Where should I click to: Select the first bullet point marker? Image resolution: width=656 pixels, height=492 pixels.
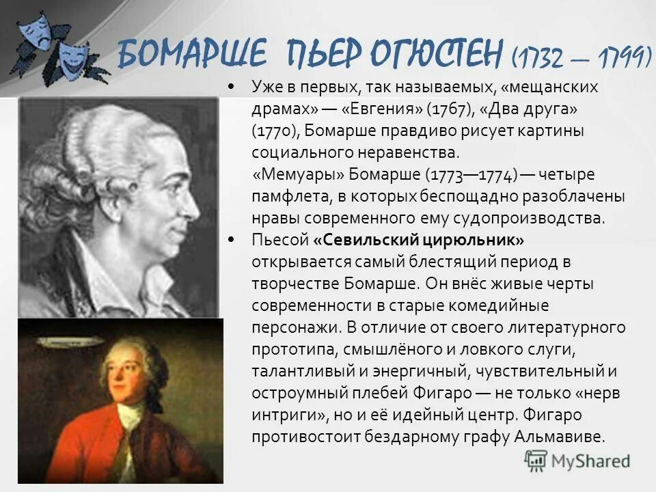(x=232, y=87)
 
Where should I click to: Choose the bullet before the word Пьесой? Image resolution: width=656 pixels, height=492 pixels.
(x=232, y=240)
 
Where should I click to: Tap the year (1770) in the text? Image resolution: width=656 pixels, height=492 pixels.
(x=275, y=131)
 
